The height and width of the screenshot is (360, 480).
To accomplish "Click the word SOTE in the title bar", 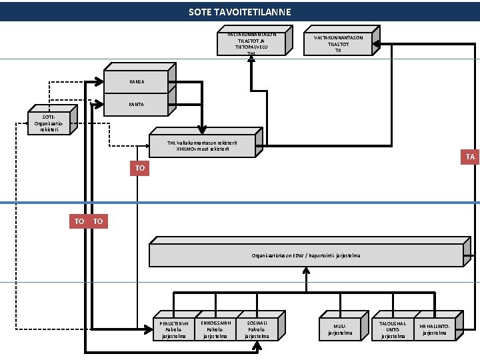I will click(x=198, y=12).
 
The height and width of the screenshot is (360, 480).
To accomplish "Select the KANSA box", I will click(x=136, y=81).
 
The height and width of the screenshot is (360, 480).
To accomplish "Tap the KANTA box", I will click(x=136, y=105).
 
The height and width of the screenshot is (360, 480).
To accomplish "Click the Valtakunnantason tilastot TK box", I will click(x=338, y=44).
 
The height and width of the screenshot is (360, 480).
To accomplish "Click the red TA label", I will click(x=471, y=157).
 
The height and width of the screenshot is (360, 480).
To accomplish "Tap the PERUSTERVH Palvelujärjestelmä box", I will click(x=175, y=329).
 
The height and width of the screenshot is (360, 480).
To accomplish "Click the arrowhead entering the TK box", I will click(x=377, y=44).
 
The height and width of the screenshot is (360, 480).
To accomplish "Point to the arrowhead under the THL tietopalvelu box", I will click(x=251, y=59).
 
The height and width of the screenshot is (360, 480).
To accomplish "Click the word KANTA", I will click(x=136, y=105).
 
